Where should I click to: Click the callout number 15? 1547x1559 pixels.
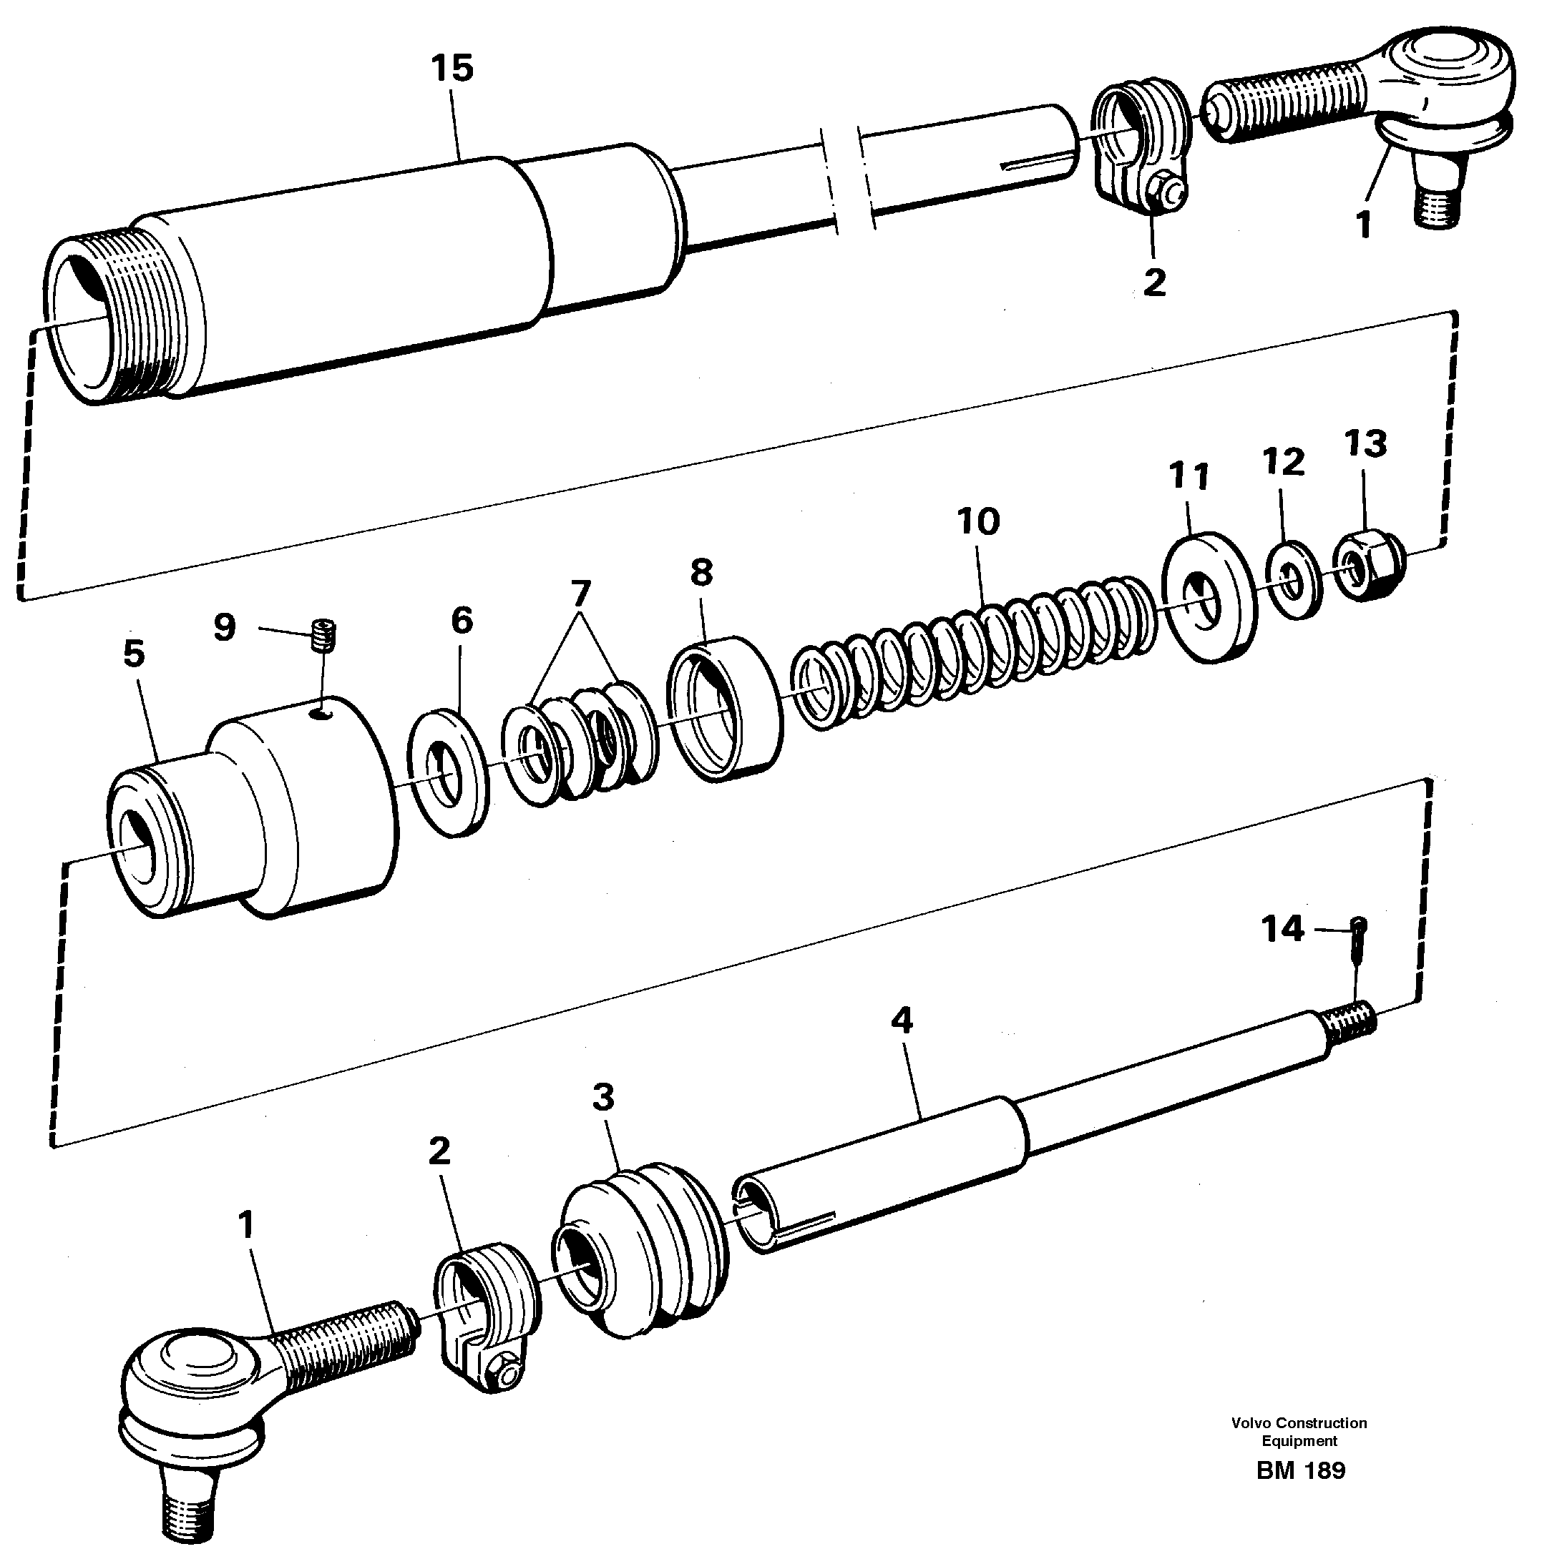[452, 69]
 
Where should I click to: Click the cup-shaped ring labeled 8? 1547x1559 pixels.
[724, 706]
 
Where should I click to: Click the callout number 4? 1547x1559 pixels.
[902, 1021]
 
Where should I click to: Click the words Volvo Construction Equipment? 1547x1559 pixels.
[1299, 1432]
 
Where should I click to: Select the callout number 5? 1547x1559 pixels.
[134, 654]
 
